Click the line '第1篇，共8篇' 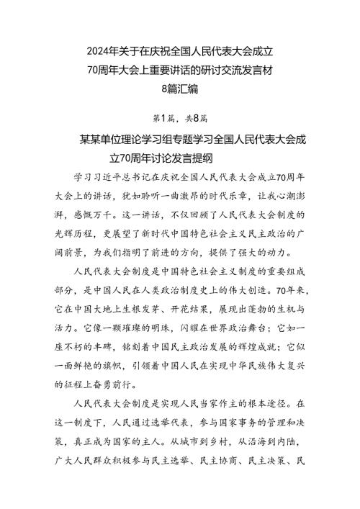[x=179, y=117]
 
